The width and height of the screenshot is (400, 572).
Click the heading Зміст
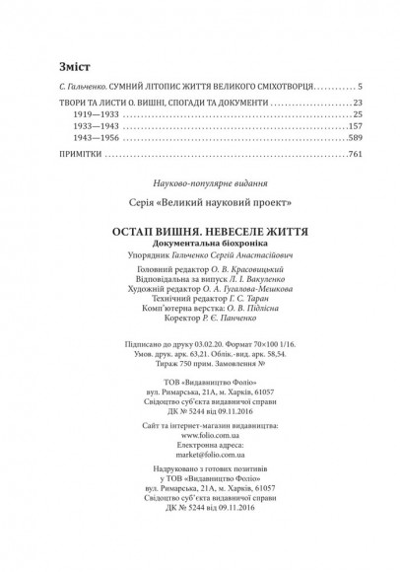pyautogui.click(x=46, y=67)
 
